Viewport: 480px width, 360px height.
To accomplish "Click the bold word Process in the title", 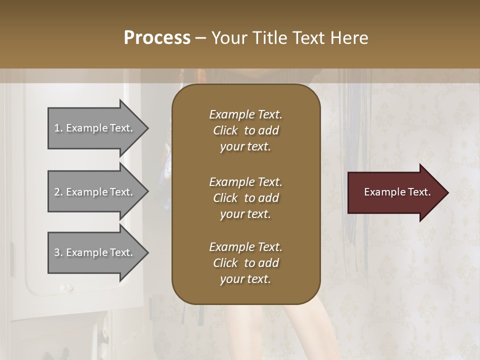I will click(x=157, y=37).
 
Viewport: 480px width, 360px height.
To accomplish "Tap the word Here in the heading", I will click(x=349, y=37).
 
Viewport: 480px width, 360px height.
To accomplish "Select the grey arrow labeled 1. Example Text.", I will click(x=95, y=128).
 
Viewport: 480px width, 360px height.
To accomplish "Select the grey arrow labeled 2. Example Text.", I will click(x=95, y=192).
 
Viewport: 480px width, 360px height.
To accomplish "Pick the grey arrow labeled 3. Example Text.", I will click(x=95, y=252).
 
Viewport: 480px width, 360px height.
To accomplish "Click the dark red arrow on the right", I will click(x=395, y=192).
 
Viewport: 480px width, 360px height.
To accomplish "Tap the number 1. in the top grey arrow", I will click(x=58, y=128).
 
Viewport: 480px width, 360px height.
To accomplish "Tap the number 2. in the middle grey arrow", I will click(x=58, y=192).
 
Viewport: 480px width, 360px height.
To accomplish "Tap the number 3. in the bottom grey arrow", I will click(x=58, y=252).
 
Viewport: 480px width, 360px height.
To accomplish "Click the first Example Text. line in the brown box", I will click(x=245, y=114).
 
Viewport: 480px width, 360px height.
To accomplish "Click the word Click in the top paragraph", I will click(x=225, y=130).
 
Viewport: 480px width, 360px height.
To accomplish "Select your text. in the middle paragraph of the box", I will click(x=245, y=214).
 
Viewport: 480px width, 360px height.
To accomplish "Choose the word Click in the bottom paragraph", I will click(x=225, y=263).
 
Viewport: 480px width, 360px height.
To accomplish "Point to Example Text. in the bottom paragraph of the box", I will click(x=245, y=247).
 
